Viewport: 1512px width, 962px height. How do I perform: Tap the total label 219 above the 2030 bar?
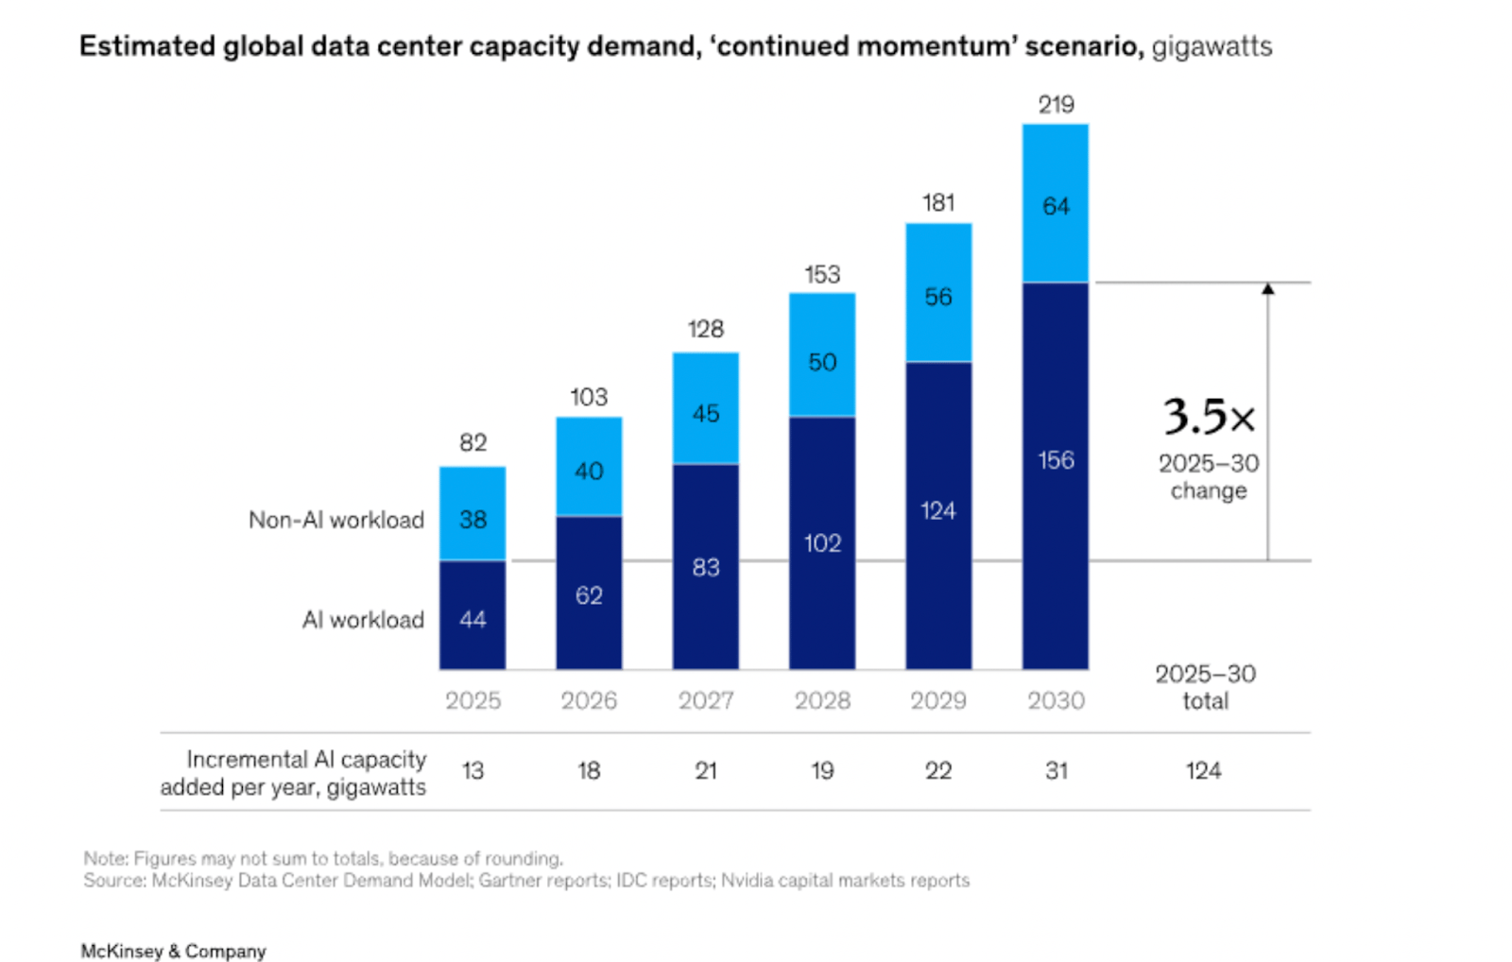point(1056,105)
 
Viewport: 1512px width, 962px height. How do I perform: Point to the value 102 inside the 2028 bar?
point(822,543)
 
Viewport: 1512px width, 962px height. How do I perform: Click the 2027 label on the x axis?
point(705,700)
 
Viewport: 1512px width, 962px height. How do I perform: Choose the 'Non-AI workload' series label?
point(335,520)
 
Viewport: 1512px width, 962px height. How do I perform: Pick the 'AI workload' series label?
point(363,620)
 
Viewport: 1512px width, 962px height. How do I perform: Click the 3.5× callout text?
point(1209,417)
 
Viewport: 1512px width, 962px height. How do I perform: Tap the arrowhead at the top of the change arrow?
point(1268,288)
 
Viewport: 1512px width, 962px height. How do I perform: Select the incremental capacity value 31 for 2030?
point(1056,771)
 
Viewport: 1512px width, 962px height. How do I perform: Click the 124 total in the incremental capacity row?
point(1203,771)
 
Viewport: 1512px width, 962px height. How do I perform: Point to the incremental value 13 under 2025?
point(472,771)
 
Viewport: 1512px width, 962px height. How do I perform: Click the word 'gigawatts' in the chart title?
point(1211,46)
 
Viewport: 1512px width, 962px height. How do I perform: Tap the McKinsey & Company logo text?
point(173,951)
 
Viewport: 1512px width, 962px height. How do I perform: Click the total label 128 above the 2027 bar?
point(705,329)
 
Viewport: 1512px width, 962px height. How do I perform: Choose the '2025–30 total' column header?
point(1205,687)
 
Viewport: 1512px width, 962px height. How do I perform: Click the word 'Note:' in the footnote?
point(105,858)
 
